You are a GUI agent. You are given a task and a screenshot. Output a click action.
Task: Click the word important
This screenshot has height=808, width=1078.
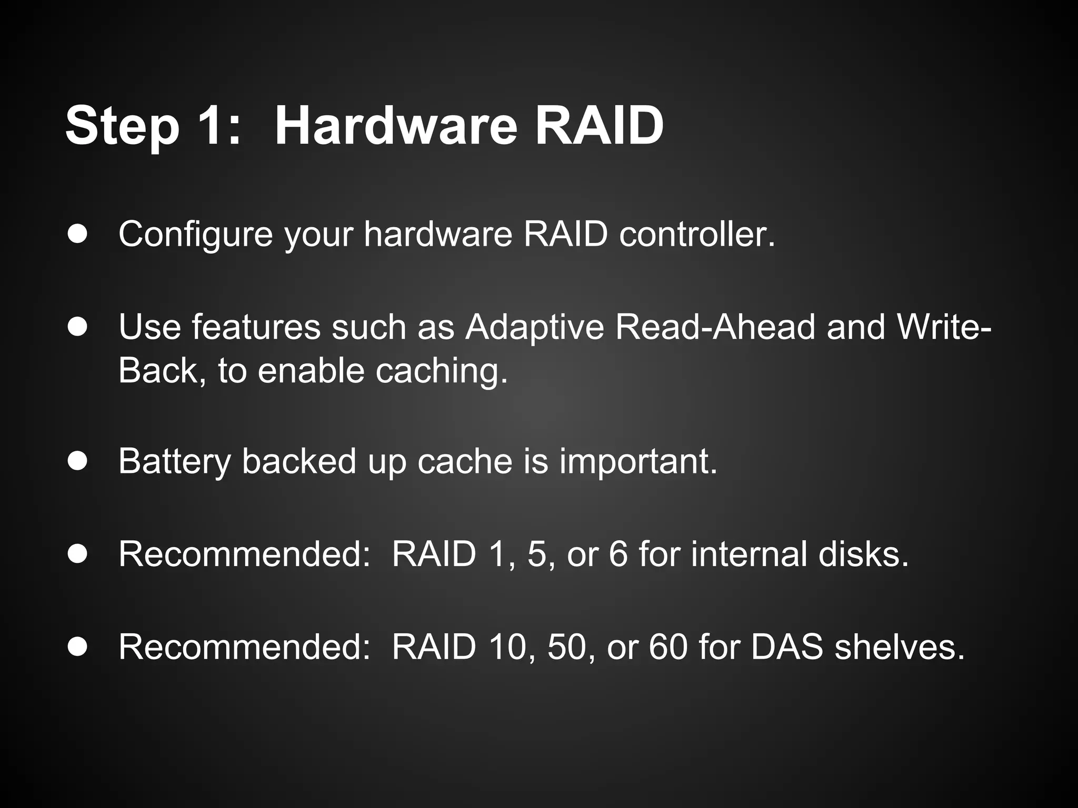(x=638, y=461)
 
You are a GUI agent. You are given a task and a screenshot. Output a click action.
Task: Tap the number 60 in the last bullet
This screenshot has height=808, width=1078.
(x=668, y=647)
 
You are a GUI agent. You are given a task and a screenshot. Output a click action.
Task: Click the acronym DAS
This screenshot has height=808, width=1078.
(x=786, y=647)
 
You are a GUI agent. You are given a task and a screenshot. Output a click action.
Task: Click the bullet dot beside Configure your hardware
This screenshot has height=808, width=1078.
(x=77, y=234)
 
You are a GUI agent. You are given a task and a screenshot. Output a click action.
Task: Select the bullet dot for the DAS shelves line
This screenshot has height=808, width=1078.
(x=77, y=647)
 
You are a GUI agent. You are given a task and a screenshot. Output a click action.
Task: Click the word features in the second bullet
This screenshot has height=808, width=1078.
(x=256, y=327)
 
